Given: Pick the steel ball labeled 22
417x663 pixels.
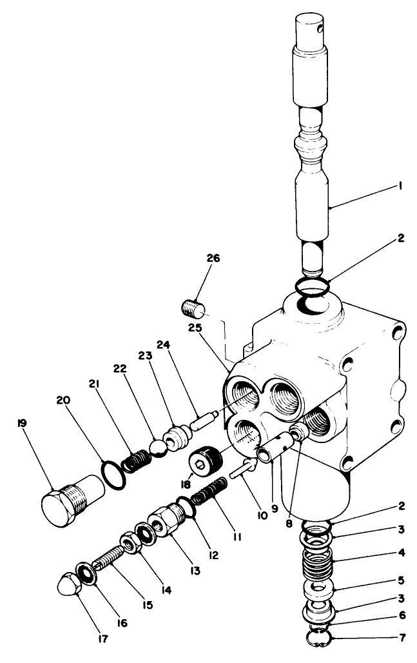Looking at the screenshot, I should click(x=157, y=447).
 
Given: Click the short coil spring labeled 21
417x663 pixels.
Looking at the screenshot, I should click(x=137, y=460).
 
